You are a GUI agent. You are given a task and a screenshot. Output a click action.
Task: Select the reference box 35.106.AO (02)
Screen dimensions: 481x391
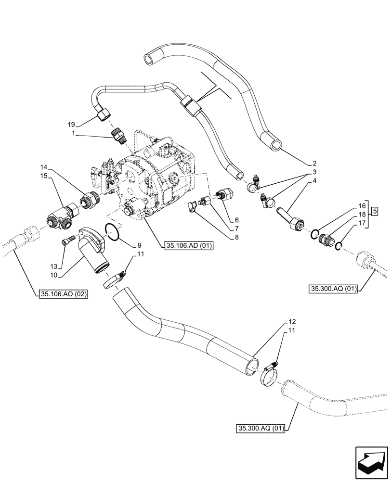pyautogui.click(x=61, y=294)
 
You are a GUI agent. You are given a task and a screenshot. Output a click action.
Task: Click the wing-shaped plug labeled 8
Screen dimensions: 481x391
pyautogui.click(x=194, y=206)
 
